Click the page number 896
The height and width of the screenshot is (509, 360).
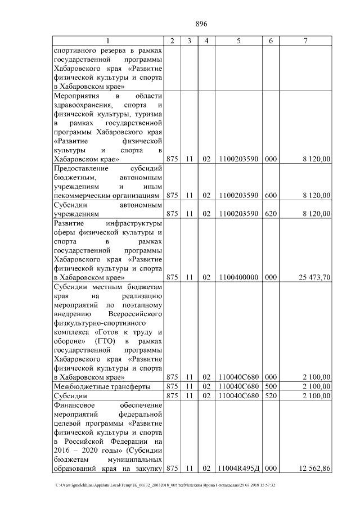click(x=201, y=24)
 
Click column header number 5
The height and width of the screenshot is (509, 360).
click(x=239, y=41)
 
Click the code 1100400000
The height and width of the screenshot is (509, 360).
click(x=239, y=277)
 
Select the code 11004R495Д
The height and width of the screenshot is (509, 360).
click(x=239, y=468)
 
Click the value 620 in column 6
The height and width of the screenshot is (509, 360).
click(x=271, y=214)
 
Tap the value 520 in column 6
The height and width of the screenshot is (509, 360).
click(x=271, y=396)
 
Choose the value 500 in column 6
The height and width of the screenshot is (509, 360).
click(x=271, y=386)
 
